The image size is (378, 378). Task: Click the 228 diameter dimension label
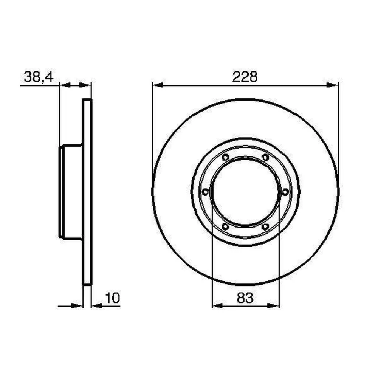245,77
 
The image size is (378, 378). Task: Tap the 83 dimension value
245,298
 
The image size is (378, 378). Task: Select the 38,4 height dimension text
39,77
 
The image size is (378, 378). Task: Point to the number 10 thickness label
112,298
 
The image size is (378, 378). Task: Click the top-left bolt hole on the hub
225,157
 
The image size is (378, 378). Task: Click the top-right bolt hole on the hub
265,157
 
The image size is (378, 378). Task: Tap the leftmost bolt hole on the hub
205,192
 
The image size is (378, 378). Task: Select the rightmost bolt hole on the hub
285,192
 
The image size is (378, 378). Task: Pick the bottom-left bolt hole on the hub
225,227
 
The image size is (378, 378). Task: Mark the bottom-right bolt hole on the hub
265,227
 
